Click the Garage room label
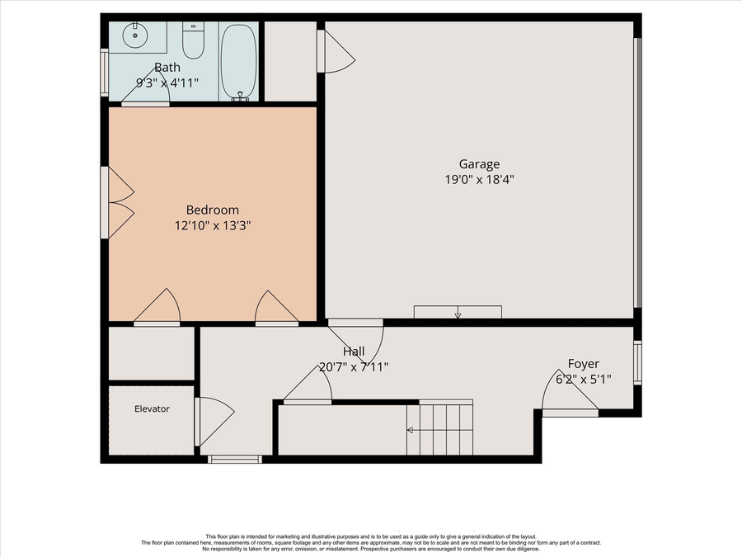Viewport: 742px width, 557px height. tap(479, 164)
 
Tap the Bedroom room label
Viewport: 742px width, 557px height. tap(212, 210)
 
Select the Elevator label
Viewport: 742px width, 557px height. tap(152, 408)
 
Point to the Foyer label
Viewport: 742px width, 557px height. tap(583, 364)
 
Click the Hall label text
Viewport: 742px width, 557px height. tap(354, 352)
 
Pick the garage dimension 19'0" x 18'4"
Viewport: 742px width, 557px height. tap(479, 179)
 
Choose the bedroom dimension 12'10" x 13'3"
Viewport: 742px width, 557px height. tap(212, 224)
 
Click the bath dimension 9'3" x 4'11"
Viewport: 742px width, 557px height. tap(167, 83)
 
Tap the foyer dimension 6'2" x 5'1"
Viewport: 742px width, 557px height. tap(583, 379)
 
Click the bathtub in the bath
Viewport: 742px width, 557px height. tap(239, 61)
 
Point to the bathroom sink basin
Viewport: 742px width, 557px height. tap(133, 35)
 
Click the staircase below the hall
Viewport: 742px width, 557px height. tap(440, 429)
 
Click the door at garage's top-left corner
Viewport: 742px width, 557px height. tap(336, 52)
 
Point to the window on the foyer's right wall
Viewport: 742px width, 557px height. tap(637, 363)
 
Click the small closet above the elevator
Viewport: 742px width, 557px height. tap(151, 353)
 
